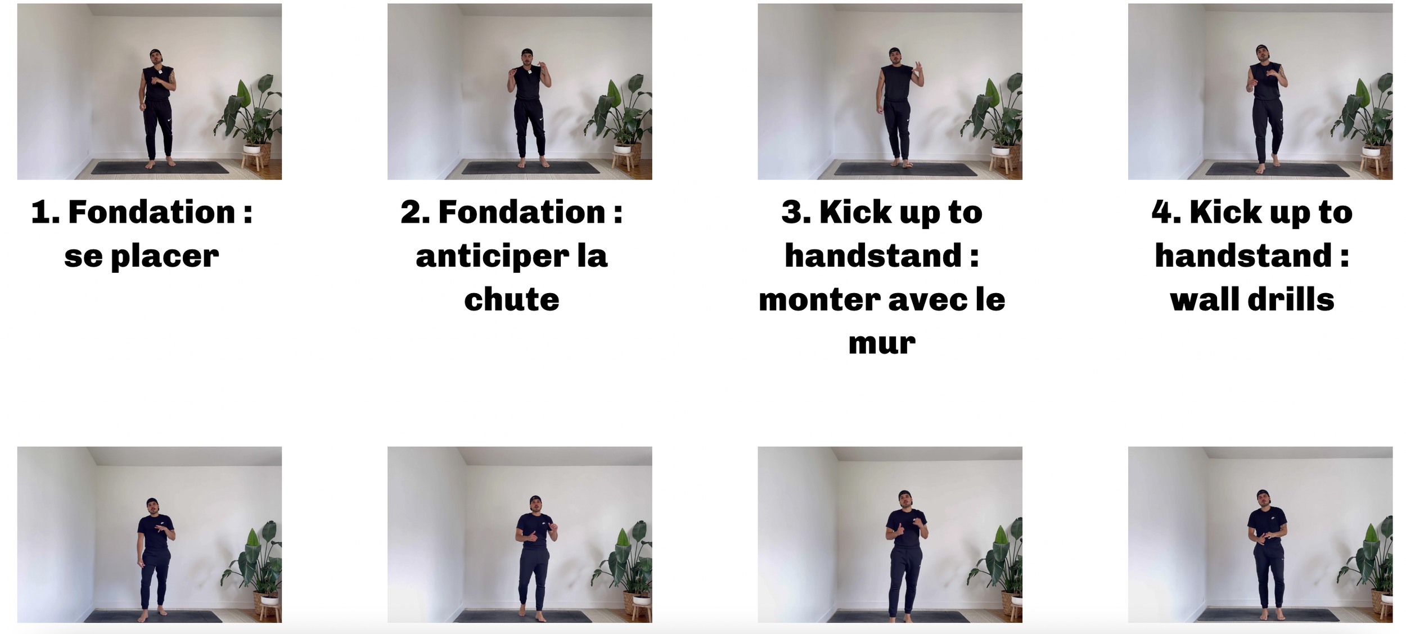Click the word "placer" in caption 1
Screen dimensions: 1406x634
click(165, 257)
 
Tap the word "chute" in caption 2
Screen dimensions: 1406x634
click(512, 299)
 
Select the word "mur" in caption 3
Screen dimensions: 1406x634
click(882, 343)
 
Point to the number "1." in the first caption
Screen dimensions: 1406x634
click(45, 213)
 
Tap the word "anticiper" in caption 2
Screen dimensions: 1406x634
click(492, 257)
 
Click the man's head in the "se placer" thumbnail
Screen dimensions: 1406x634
click(156, 57)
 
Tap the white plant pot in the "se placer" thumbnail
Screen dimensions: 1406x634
click(252, 149)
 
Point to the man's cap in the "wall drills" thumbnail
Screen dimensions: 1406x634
click(1263, 48)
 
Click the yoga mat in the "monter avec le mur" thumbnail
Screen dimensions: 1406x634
click(906, 169)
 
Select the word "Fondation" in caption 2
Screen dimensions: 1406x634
click(522, 213)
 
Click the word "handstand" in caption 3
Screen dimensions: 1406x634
click(873, 256)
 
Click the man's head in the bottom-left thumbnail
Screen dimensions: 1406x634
click(152, 505)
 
